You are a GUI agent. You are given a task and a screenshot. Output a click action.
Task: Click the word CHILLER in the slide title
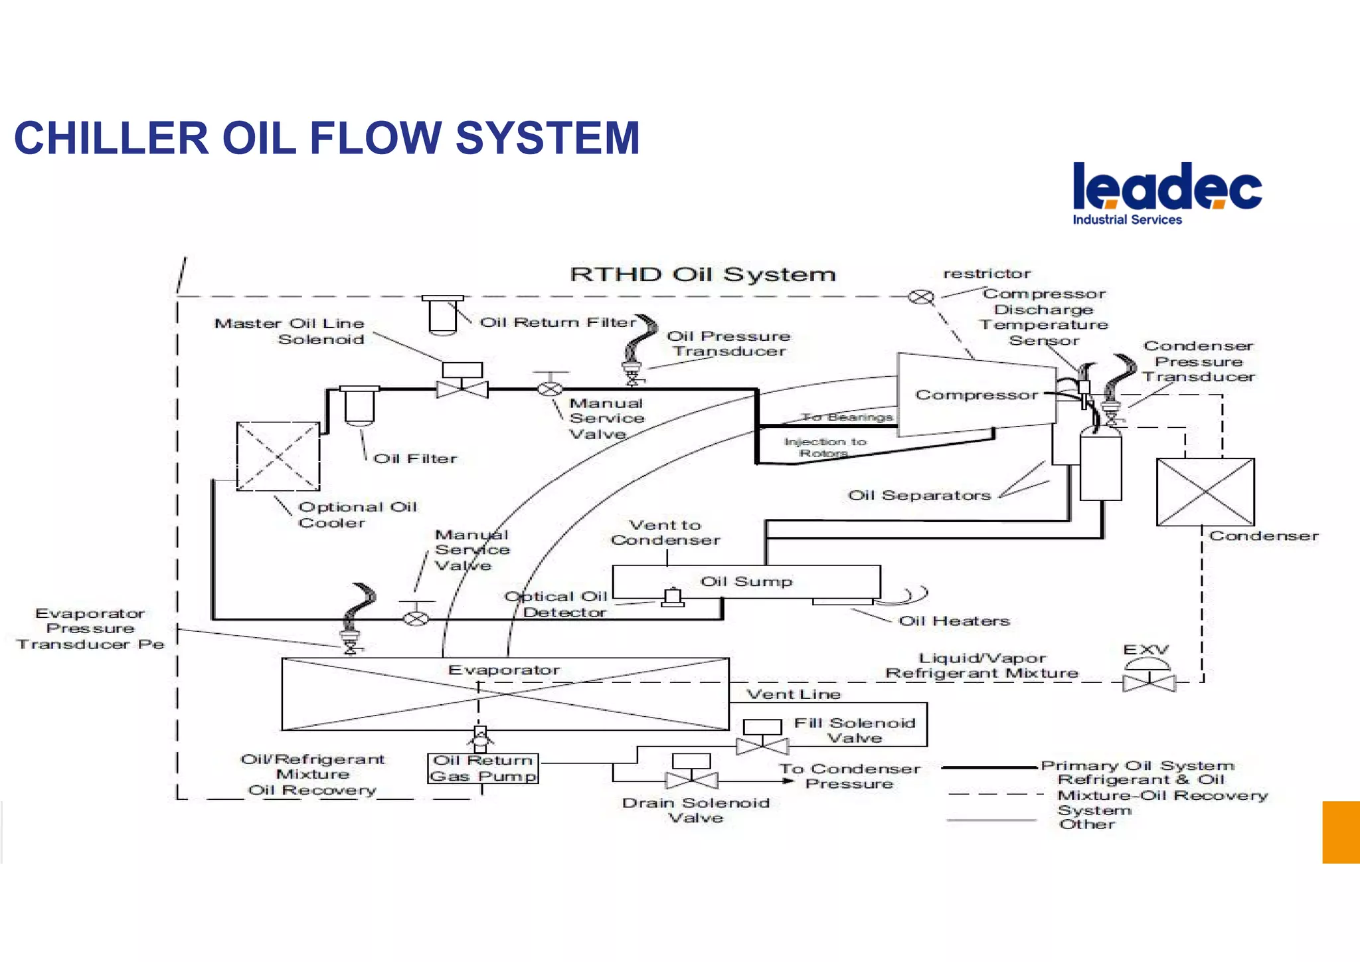coord(111,139)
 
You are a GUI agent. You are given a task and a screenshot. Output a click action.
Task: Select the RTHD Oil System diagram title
coord(702,274)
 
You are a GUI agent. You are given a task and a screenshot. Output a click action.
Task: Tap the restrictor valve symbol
coord(920,297)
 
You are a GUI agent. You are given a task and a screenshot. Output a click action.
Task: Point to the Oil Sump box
coord(746,581)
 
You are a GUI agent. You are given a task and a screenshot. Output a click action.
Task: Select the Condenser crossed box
coord(1205,492)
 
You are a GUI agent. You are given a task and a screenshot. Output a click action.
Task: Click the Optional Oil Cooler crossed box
coord(278,456)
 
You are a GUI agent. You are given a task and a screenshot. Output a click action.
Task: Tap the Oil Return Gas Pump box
coord(483,768)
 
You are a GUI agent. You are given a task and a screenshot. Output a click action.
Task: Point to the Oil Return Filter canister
coord(442,315)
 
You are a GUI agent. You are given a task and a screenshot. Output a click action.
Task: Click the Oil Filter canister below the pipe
coord(359,406)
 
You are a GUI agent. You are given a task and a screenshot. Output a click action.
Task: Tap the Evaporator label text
coord(503,670)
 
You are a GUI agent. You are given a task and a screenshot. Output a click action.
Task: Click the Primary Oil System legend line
coord(989,767)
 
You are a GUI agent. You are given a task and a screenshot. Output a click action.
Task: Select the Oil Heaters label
coord(954,621)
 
